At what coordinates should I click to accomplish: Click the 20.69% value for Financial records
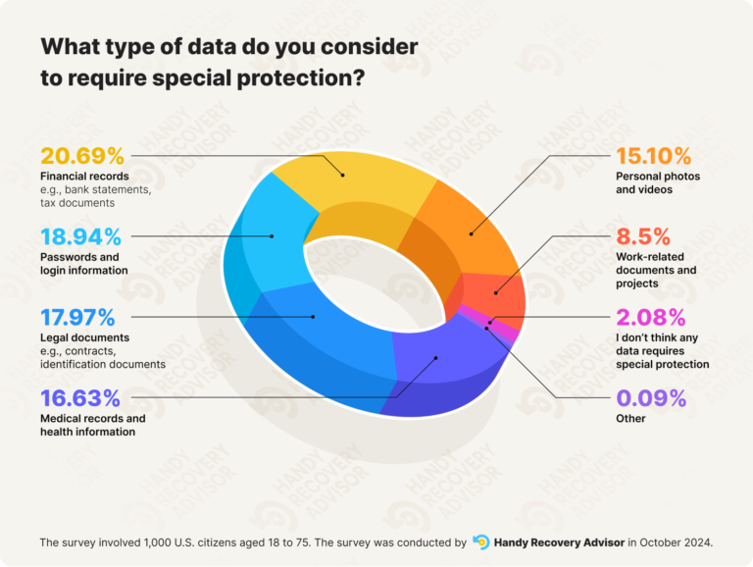coord(82,156)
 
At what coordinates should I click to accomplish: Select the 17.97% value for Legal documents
coord(78,318)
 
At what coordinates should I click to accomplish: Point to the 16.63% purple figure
coord(80,398)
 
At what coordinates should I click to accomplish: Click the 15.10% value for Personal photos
coord(653,156)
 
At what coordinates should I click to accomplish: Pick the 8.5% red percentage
coord(643,236)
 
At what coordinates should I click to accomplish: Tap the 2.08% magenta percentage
coord(650,318)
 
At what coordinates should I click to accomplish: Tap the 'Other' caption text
coord(630,419)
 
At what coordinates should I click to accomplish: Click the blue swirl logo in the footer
coord(480,541)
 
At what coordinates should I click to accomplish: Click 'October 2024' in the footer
coord(678,541)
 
